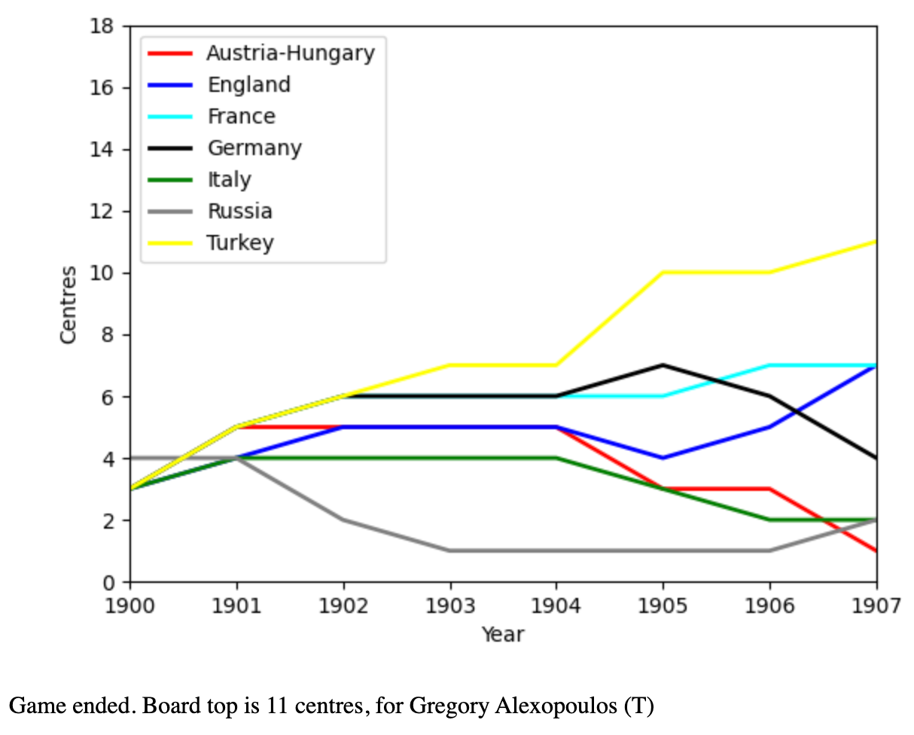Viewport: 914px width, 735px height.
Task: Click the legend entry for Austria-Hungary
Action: [290, 53]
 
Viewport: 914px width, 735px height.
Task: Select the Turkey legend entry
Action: [240, 243]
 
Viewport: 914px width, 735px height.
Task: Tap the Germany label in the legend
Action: [254, 148]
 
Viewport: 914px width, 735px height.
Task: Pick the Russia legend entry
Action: [239, 212]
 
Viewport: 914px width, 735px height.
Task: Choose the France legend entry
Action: [241, 117]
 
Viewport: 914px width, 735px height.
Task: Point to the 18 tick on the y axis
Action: [101, 26]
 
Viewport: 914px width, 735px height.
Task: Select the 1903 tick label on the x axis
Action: [450, 605]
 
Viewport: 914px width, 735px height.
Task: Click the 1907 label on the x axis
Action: [876, 605]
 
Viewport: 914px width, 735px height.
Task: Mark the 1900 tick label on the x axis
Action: [130, 605]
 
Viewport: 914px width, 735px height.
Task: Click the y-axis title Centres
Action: [69, 304]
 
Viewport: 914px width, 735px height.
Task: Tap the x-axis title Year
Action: [503, 635]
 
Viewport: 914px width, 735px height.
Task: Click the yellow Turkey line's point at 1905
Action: [663, 273]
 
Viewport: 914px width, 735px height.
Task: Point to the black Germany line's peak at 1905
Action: [663, 365]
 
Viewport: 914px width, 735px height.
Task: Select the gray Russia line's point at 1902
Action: [343, 520]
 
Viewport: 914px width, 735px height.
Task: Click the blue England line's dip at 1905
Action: [663, 458]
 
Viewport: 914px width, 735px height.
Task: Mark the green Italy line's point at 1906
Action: [769, 520]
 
